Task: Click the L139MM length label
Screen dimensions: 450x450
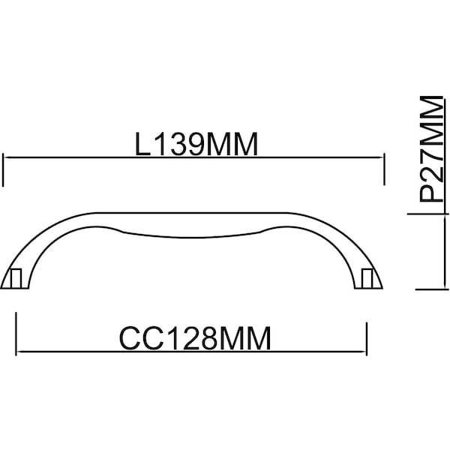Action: [x=196, y=144]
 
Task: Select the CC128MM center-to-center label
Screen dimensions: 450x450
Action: [x=195, y=338]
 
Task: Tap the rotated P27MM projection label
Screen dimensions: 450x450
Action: [x=431, y=149]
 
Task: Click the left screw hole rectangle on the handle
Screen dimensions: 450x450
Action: [x=16, y=278]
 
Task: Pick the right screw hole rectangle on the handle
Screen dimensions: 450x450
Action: [x=367, y=278]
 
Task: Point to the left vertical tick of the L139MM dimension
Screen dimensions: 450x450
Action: [x=3, y=170]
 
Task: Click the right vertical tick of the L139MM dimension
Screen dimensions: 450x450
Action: [x=384, y=169]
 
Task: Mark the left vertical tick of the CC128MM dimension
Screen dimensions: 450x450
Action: [x=16, y=334]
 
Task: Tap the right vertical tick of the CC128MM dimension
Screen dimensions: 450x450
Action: [x=367, y=339]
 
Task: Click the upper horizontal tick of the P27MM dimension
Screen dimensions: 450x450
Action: [x=428, y=214]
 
